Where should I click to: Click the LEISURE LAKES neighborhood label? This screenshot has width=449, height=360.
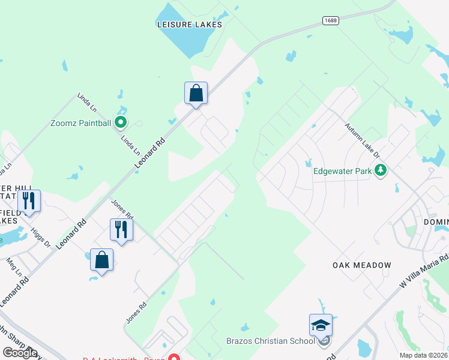pos(190,25)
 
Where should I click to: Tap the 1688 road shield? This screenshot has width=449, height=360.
pos(330,20)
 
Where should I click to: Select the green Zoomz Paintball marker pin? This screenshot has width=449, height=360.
pos(121,123)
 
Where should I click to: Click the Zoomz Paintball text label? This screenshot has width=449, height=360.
pos(81,124)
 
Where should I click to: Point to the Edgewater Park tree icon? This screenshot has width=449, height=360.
pos(380,171)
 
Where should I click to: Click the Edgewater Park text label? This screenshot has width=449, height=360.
pos(343,171)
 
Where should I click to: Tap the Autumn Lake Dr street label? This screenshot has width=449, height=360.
pos(363,140)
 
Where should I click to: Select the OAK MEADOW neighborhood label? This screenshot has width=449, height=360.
pos(362,265)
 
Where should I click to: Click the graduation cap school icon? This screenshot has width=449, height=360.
pos(321,325)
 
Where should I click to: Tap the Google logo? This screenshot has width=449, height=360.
pos(20,353)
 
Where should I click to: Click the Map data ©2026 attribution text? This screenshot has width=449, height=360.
pos(424,355)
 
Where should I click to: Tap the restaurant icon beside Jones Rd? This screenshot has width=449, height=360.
pos(121,229)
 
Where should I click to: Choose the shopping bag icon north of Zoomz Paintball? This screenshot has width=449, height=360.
pos(196,93)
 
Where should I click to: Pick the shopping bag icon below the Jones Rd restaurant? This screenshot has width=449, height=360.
pos(102,260)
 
